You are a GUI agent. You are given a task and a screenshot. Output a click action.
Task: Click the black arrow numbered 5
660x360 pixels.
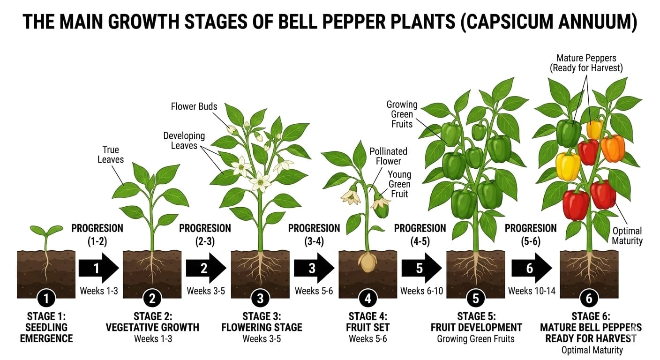421,268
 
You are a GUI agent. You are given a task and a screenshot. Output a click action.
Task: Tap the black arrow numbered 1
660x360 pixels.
98,268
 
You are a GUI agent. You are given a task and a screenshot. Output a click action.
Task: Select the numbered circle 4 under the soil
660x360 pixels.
367,298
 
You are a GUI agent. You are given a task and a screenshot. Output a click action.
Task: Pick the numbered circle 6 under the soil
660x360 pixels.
588,298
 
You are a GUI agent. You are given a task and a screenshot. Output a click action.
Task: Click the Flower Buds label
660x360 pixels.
194,106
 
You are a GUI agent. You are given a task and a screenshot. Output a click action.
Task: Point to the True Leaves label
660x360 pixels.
111,155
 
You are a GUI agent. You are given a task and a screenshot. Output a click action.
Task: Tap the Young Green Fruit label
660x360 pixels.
399,184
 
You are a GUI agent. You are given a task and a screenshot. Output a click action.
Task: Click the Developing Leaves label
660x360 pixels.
184,141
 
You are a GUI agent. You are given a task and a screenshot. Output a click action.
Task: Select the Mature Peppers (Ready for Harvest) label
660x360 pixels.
586,63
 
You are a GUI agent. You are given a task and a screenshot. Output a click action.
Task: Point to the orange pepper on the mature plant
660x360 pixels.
613,148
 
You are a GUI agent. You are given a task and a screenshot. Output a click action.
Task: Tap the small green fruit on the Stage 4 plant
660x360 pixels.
381,210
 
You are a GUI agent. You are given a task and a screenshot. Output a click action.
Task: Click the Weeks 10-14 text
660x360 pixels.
532,291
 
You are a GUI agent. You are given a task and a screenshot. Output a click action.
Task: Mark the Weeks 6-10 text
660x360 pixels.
421,291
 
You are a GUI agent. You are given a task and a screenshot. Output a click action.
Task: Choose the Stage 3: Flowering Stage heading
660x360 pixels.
262,322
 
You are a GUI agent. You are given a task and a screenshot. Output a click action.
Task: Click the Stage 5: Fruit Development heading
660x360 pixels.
476,322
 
